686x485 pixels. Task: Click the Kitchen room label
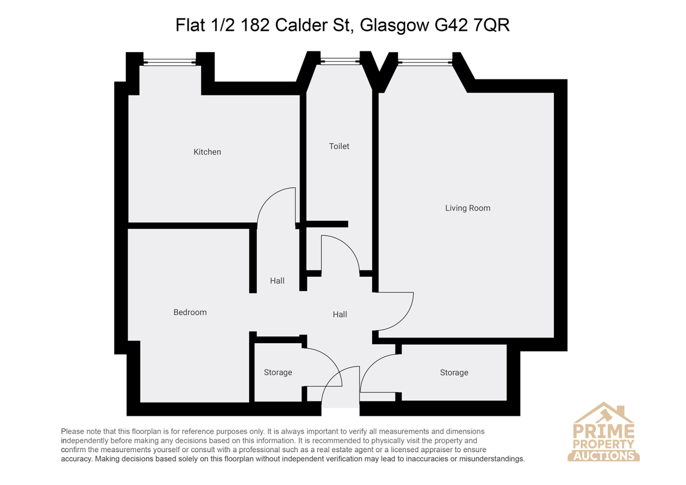point(207,152)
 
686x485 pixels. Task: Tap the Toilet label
point(339,146)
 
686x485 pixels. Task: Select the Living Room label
point(468,208)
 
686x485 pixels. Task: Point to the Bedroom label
point(190,312)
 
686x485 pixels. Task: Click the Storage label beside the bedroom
point(278,372)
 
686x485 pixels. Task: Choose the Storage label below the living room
point(454,372)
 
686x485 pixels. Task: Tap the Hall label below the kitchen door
point(277,281)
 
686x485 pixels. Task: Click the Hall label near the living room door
point(340,315)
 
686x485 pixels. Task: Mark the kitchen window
point(170,62)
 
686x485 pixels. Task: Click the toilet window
point(340,61)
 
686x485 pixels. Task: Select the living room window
point(425,62)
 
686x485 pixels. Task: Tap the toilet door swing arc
point(348,245)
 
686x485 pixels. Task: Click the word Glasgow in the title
point(394,25)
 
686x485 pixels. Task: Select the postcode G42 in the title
point(452,25)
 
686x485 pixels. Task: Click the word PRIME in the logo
point(604,431)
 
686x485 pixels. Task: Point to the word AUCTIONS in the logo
point(604,456)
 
